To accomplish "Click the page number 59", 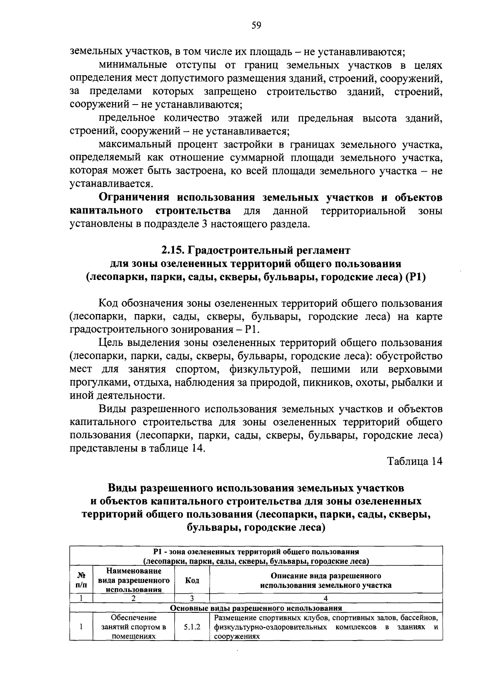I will pyautogui.click(x=256, y=26).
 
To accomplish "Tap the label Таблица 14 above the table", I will pyautogui.click(x=415, y=461).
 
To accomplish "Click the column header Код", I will pyautogui.click(x=192, y=581).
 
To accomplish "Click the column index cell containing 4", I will pyautogui.click(x=326, y=598).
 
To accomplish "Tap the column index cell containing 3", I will pyautogui.click(x=192, y=598).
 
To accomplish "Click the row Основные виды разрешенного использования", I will pyautogui.click(x=256, y=608).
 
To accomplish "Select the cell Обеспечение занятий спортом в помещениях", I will pyautogui.click(x=134, y=626).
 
